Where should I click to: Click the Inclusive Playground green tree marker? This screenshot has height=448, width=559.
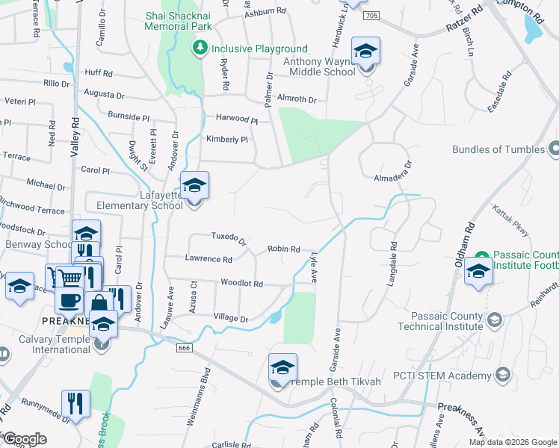[x=200, y=49]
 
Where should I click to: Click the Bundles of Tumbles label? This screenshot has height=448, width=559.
[x=498, y=149]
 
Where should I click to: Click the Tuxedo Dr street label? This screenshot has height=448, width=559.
[x=229, y=237]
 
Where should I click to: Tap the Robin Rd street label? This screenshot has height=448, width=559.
[x=284, y=249]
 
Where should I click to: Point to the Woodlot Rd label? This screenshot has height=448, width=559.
[x=241, y=284]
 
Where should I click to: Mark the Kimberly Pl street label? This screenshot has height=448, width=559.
[x=226, y=140]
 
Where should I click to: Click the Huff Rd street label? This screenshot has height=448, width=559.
[x=98, y=73]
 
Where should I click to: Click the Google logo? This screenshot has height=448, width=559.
[x=25, y=439]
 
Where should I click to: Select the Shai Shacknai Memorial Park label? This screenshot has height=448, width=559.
[x=179, y=20]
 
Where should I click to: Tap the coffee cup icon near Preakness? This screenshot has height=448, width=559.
[x=70, y=300]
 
